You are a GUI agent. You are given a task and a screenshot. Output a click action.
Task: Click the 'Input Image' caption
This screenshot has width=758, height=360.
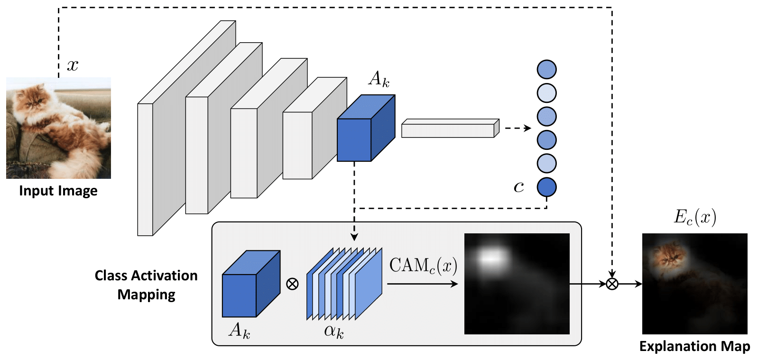[x=58, y=191]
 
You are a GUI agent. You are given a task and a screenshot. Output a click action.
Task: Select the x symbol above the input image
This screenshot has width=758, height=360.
[x=73, y=65]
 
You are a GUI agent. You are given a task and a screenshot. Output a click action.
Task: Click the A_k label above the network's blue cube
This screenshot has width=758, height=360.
[x=379, y=79]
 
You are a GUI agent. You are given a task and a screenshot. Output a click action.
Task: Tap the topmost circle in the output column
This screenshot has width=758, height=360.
[x=546, y=70]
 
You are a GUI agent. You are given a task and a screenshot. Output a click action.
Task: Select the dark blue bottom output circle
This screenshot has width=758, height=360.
[x=546, y=187]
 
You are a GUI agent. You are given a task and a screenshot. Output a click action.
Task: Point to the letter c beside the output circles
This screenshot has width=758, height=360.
[x=518, y=187]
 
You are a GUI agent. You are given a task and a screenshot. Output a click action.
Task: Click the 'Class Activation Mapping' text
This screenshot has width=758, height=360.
[x=146, y=285]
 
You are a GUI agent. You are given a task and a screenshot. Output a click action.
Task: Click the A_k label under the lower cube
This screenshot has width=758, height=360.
[x=240, y=330]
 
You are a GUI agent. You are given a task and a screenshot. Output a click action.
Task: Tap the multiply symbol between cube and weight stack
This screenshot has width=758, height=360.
[x=293, y=284]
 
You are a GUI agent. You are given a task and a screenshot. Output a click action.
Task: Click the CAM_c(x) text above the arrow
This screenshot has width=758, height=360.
[x=423, y=266]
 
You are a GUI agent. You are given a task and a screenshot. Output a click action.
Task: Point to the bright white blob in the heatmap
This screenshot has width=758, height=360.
[x=494, y=258]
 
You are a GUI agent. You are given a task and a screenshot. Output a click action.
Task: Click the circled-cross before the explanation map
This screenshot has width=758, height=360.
[x=612, y=284]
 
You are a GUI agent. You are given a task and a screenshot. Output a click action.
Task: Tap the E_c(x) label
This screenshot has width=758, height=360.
[x=694, y=217]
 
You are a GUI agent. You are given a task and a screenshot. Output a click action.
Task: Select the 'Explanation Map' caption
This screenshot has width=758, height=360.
[x=694, y=346]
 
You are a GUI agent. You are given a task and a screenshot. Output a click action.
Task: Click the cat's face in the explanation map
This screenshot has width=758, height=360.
[x=670, y=257]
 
